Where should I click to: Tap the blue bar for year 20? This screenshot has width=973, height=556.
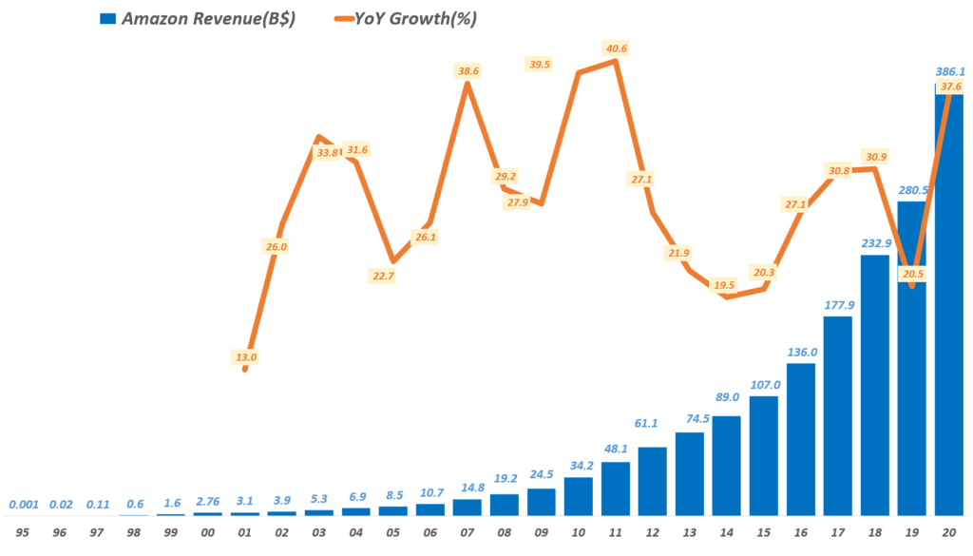(x=949, y=304)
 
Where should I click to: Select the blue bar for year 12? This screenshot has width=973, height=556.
(x=653, y=481)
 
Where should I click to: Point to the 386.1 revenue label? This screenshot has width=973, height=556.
(x=949, y=71)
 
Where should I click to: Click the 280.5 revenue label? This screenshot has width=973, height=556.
(x=912, y=188)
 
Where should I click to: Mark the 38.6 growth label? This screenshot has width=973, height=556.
(x=467, y=70)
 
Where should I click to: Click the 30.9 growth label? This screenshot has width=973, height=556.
(x=876, y=156)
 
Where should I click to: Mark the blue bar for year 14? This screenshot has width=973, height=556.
(x=727, y=466)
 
